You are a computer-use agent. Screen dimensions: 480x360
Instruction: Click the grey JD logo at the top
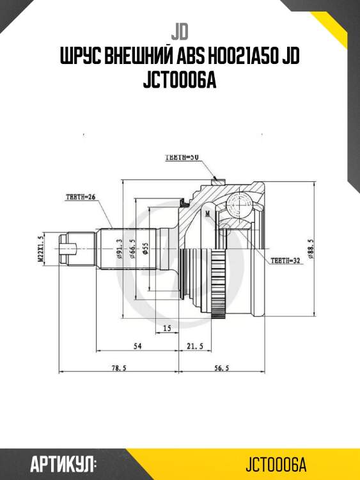coord(179,31)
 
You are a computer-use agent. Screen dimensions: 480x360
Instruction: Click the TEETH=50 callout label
coord(182,157)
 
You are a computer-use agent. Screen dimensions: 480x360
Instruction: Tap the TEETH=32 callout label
coord(285,260)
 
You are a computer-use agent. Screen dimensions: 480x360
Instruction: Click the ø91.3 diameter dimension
coord(120,250)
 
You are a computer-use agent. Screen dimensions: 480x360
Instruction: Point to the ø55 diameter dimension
coord(146,249)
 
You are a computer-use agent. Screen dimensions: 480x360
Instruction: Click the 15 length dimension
coord(167,328)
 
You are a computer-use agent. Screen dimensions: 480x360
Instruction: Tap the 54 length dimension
coord(137,346)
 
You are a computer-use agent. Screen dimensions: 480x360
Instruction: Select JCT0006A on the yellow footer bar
coord(276,463)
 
